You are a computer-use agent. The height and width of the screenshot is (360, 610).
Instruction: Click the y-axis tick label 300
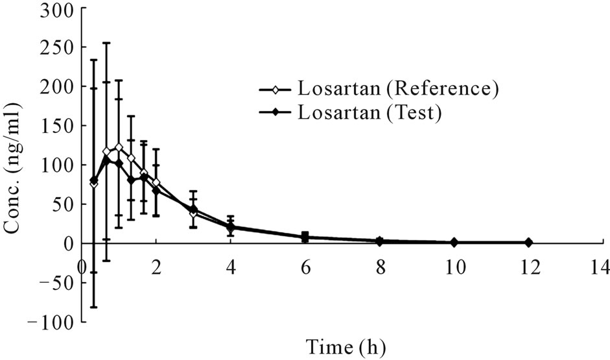coord(56,8)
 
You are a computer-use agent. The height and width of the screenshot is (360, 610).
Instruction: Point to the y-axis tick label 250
coord(56,47)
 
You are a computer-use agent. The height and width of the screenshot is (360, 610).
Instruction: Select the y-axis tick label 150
coord(56,126)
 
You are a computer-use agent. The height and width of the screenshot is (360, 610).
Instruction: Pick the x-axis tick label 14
coord(600,267)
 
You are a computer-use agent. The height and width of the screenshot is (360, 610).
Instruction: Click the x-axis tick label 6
coord(305,267)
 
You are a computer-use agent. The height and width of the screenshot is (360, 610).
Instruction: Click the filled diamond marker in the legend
coord(274,113)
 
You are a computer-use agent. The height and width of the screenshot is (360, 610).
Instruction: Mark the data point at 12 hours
coord(528,242)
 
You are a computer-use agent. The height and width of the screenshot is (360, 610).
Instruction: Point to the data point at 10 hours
coord(454,242)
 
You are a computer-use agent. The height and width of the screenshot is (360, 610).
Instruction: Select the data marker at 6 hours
coord(305,237)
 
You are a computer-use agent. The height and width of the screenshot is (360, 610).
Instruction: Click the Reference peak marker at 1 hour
coord(119,147)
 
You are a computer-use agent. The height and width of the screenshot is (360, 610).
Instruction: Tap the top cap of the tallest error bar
coord(106,43)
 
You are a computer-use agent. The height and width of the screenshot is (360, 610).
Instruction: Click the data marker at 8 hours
coord(380,241)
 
